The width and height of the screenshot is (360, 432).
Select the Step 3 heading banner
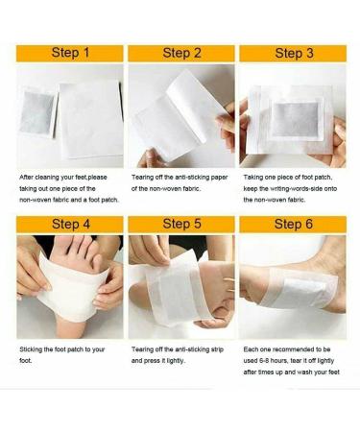(x=294, y=53)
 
